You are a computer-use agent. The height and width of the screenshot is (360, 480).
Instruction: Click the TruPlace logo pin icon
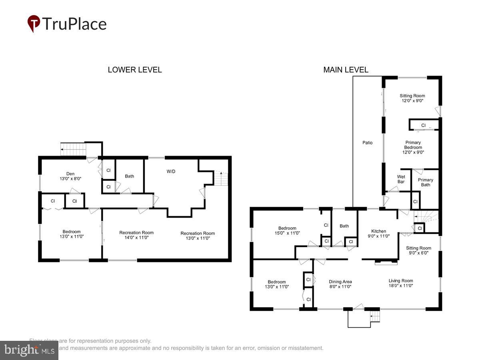[34, 24]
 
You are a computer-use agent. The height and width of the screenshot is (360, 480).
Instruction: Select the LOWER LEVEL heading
[135, 70]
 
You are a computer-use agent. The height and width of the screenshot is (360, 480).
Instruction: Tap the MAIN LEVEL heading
[346, 70]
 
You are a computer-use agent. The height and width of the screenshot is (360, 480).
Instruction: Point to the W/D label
[171, 172]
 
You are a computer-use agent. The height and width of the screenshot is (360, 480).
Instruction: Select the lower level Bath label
[129, 176]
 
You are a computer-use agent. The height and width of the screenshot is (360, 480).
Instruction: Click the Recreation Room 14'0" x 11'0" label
[136, 235]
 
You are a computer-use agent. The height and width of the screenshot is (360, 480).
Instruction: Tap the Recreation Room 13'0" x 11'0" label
[198, 236]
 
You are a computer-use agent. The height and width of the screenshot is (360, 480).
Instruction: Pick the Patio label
[367, 142]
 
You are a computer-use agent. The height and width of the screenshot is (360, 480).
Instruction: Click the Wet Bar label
[401, 179]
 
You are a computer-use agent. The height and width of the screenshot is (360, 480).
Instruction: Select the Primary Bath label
[426, 182]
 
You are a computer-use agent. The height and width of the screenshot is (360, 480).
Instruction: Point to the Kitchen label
[378, 233]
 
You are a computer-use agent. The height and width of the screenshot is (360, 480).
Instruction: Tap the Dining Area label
[340, 284]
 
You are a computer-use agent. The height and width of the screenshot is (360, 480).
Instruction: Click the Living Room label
[401, 283]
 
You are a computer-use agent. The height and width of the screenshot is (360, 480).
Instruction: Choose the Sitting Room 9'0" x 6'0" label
[419, 250]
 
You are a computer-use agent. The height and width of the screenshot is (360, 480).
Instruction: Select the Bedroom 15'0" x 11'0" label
[287, 230]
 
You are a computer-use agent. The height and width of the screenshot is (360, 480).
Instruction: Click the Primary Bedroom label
[413, 147]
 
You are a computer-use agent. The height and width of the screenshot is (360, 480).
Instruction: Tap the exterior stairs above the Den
[73, 150]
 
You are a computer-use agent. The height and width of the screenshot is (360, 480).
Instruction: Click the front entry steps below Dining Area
[374, 317]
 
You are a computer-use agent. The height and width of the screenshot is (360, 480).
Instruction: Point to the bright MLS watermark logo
[29, 350]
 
